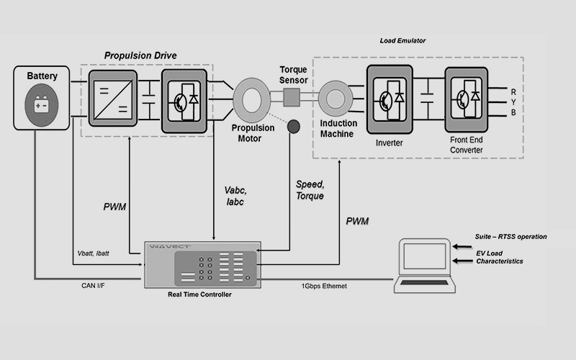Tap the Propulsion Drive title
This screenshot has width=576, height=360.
point(140,55)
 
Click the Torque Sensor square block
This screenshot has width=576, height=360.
point(292,97)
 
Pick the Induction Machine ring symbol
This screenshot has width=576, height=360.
point(334,97)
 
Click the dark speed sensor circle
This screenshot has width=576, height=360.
point(294,127)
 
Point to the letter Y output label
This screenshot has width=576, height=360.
point(513,102)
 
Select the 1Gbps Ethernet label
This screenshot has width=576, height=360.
point(322,286)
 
